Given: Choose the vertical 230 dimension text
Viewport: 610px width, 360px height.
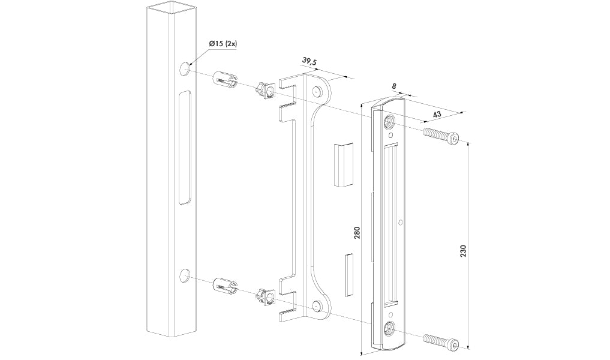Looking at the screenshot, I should click(x=462, y=250).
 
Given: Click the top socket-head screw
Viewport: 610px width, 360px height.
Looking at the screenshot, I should click(x=441, y=136).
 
